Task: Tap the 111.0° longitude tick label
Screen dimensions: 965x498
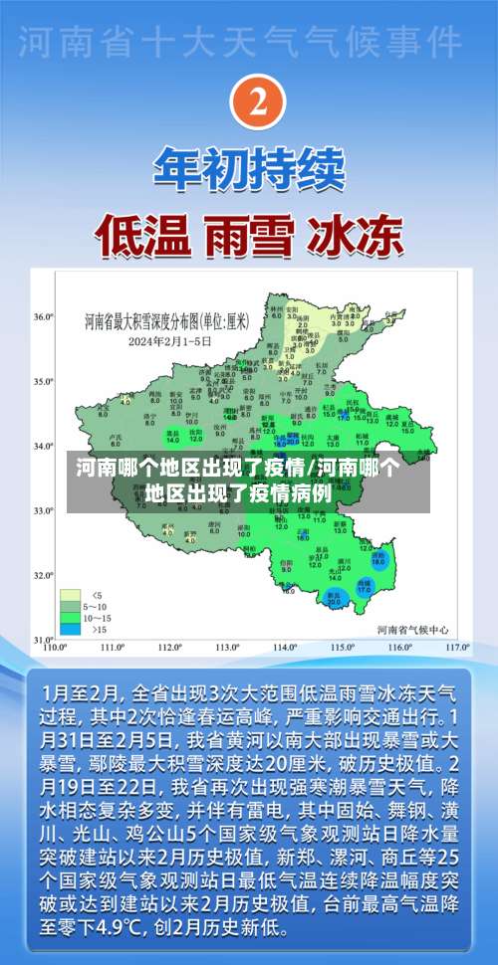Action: [x=112, y=647]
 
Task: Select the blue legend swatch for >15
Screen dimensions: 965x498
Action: [x=71, y=601]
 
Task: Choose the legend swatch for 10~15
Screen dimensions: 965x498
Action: [x=71, y=589]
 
